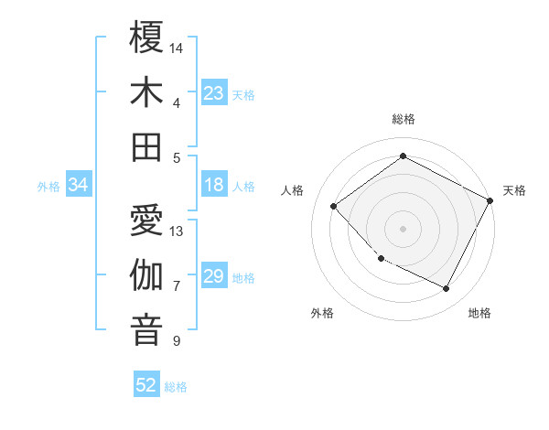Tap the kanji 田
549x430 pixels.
146,146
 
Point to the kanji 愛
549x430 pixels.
146,220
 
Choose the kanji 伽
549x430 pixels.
146,275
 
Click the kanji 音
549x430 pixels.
146,330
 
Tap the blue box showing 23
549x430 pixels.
214,93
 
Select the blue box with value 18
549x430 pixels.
214,186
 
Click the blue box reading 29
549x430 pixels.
214,276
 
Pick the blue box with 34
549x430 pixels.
79,186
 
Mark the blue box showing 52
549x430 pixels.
146,385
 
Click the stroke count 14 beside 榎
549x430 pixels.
178,47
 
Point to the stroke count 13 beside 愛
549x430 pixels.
178,231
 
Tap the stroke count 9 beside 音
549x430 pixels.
177,341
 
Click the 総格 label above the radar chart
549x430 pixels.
404,119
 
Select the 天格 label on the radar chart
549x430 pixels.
514,190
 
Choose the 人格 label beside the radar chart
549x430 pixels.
293,190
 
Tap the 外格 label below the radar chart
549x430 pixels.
322,313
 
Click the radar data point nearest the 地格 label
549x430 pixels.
447,289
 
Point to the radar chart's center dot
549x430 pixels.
403,228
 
